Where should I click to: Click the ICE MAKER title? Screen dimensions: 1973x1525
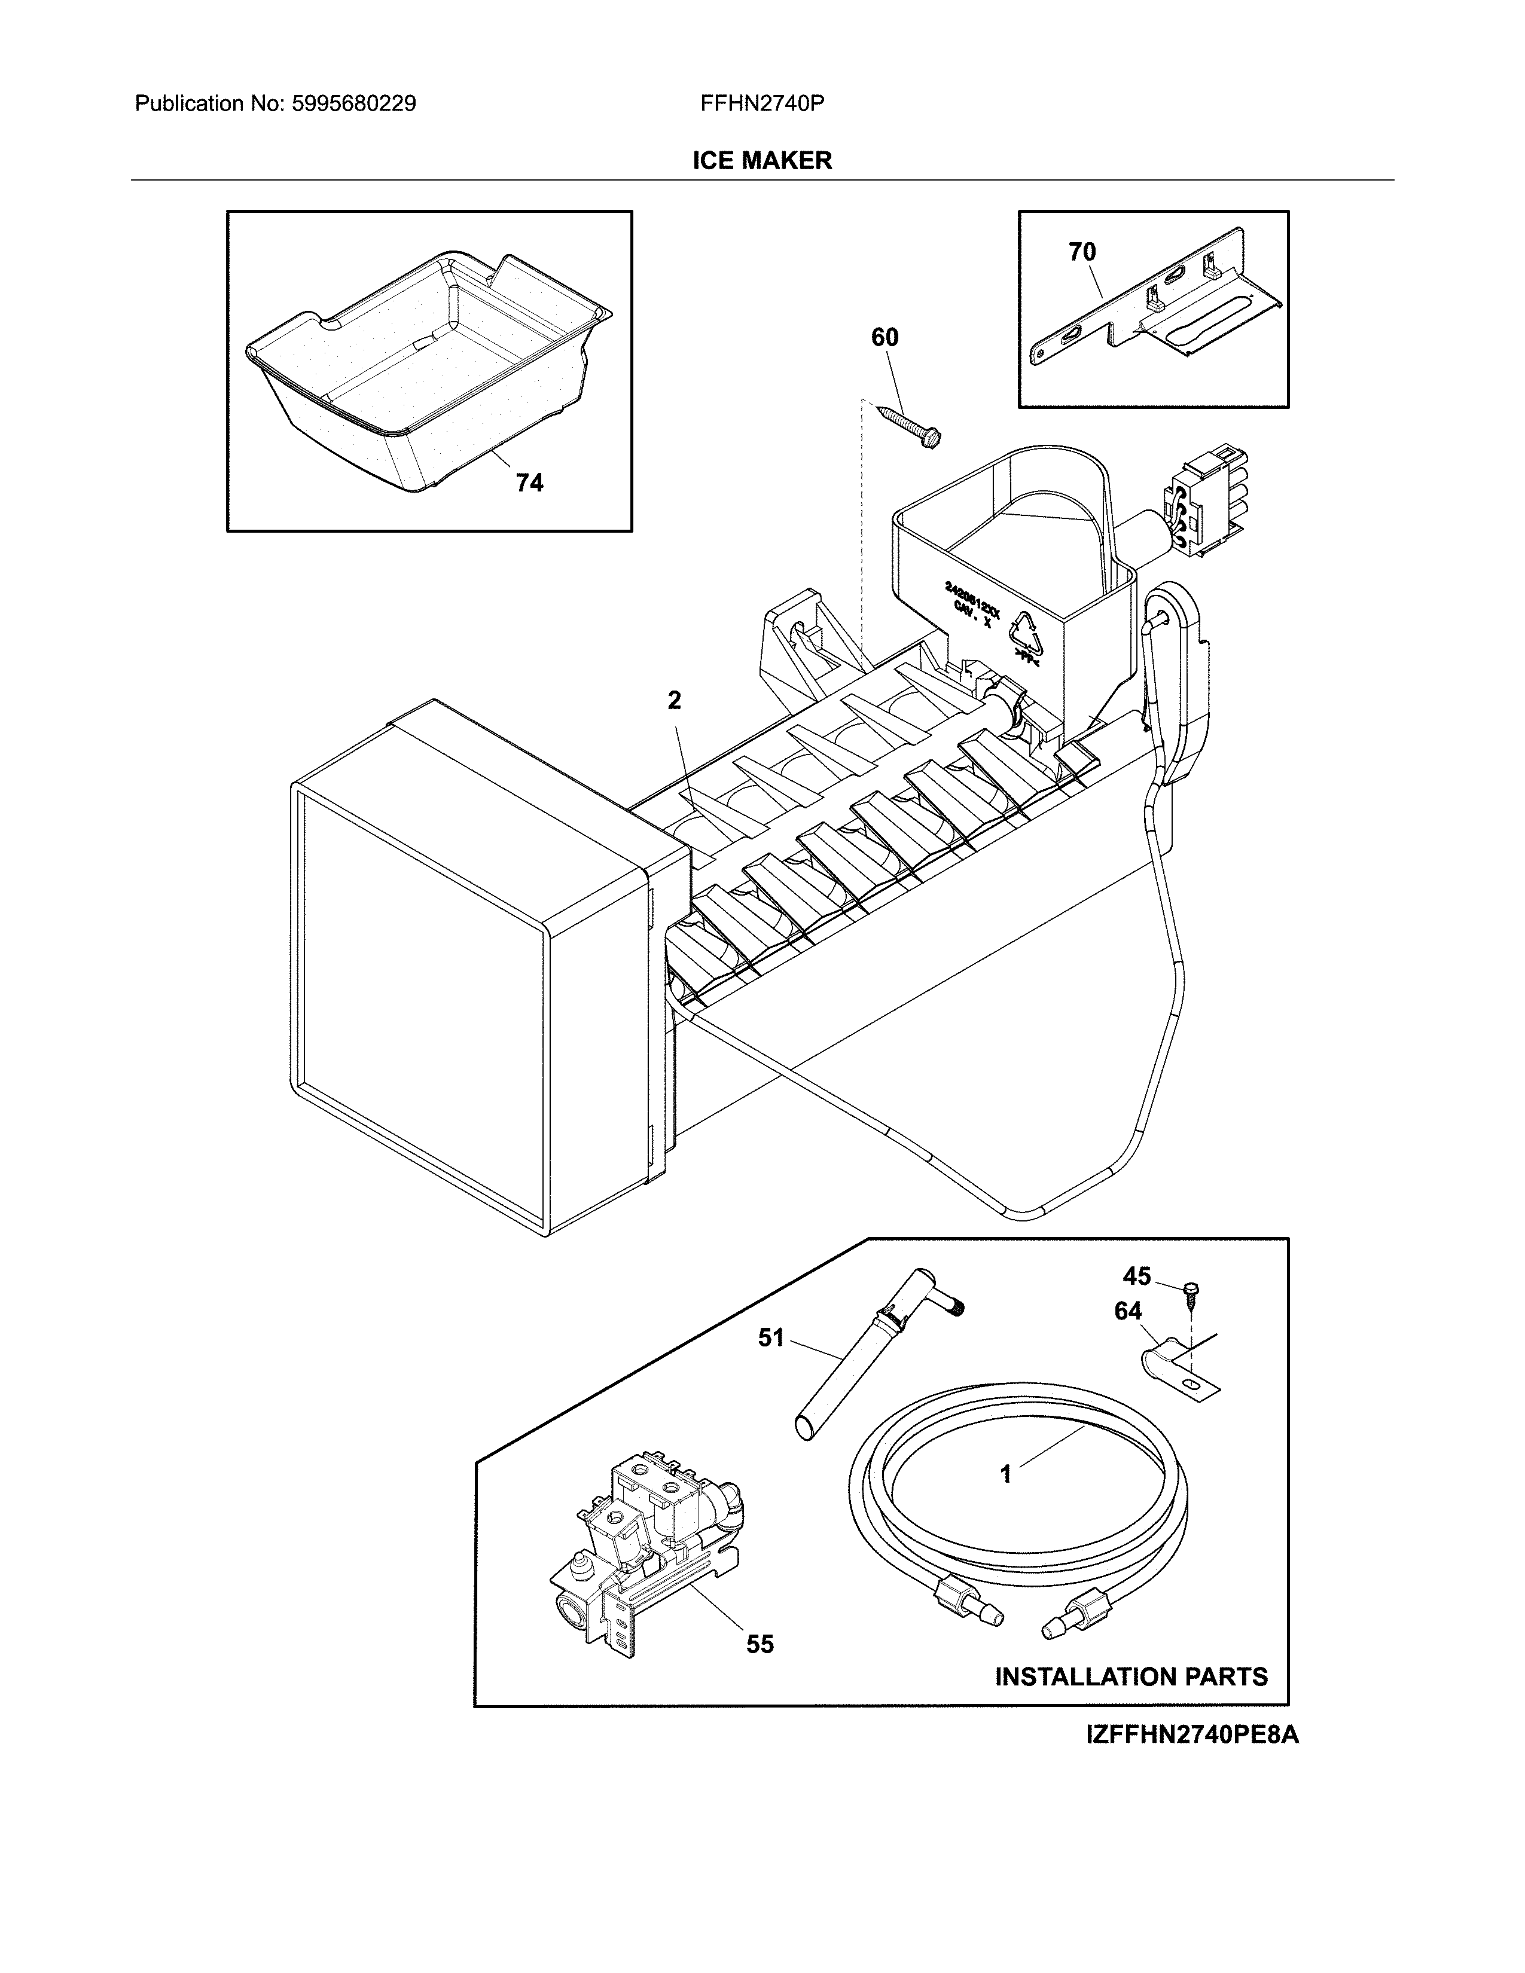[x=761, y=161]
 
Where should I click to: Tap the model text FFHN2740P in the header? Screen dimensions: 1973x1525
[x=761, y=104]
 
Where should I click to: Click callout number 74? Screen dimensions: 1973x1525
[x=529, y=483]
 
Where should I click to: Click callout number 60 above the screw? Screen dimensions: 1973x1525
[x=884, y=337]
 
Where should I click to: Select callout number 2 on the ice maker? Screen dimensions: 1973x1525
[x=674, y=700]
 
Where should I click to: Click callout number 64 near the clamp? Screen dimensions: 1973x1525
[x=1127, y=1311]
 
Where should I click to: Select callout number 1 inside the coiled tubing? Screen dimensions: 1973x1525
[x=1005, y=1474]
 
